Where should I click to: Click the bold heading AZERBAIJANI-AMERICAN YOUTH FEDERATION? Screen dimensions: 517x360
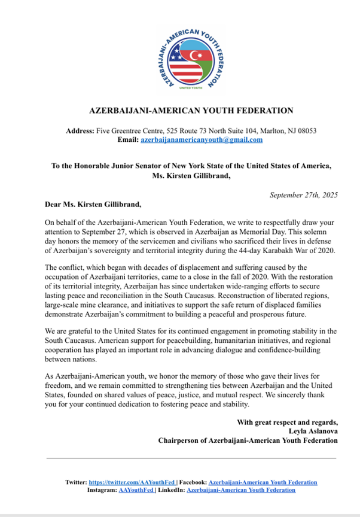[x=191, y=111]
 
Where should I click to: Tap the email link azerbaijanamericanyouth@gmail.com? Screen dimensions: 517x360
[x=201, y=139]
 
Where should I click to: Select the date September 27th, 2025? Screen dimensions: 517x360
[x=303, y=195]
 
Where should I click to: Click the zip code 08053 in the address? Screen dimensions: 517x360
[x=304, y=130]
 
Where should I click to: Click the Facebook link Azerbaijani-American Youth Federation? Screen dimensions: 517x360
[x=263, y=482]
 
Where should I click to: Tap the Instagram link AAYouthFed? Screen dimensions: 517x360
[x=137, y=490]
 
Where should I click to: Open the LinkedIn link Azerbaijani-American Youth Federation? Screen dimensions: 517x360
[x=240, y=490]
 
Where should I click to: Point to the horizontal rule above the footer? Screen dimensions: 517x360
[x=191, y=458]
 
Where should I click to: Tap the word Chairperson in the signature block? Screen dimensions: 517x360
[x=179, y=440]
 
